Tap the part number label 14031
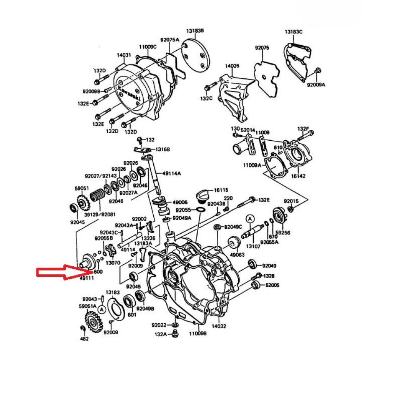click(124, 55)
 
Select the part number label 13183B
click(195, 31)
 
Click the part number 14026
click(232, 66)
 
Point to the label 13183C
click(294, 32)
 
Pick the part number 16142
click(298, 176)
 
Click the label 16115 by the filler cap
click(221, 190)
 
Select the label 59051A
click(88, 306)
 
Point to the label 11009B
click(198, 334)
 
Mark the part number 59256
click(283, 232)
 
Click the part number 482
click(84, 339)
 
